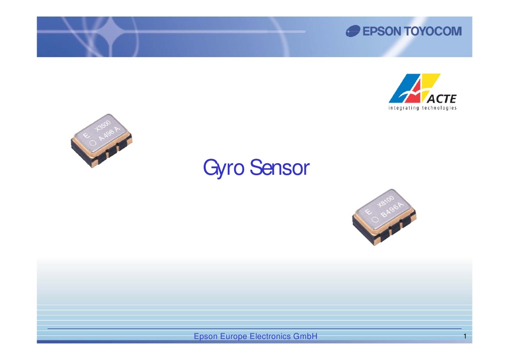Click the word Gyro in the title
224,168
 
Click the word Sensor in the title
279,168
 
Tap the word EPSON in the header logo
382,32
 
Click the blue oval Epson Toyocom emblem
353,31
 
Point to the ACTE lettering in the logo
441,99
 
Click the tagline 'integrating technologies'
422,108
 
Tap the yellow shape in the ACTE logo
430,84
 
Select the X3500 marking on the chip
103,125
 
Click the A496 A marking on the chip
109,133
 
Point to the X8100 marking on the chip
386,201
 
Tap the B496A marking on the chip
392,209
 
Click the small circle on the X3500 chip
93,143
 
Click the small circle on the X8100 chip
375,219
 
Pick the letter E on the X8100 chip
368,212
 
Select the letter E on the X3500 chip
87,135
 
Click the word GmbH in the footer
305,336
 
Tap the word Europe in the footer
233,336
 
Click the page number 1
465,336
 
